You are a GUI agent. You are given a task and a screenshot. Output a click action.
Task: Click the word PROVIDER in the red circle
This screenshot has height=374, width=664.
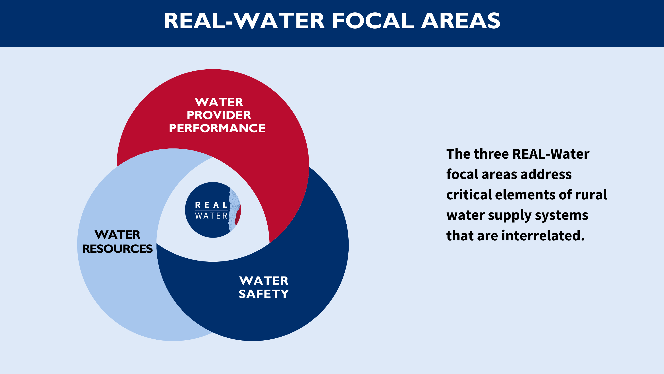(x=219, y=115)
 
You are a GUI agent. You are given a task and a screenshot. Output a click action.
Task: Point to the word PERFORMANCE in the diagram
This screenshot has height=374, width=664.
(x=217, y=128)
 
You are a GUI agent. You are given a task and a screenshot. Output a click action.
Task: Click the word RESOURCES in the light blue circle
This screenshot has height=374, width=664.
(x=117, y=249)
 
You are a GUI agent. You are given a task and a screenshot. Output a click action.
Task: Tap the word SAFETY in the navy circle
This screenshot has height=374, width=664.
(x=264, y=294)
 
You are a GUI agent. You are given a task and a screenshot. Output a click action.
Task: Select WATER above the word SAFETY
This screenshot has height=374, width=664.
(x=264, y=281)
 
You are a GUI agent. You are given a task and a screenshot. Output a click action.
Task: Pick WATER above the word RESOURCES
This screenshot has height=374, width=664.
(x=118, y=235)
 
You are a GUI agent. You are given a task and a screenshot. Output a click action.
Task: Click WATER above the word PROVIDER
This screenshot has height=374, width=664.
(x=219, y=102)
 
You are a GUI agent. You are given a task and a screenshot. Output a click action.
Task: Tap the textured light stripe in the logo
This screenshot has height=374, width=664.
(x=234, y=210)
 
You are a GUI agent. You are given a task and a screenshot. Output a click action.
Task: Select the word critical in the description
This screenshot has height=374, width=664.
(x=469, y=195)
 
